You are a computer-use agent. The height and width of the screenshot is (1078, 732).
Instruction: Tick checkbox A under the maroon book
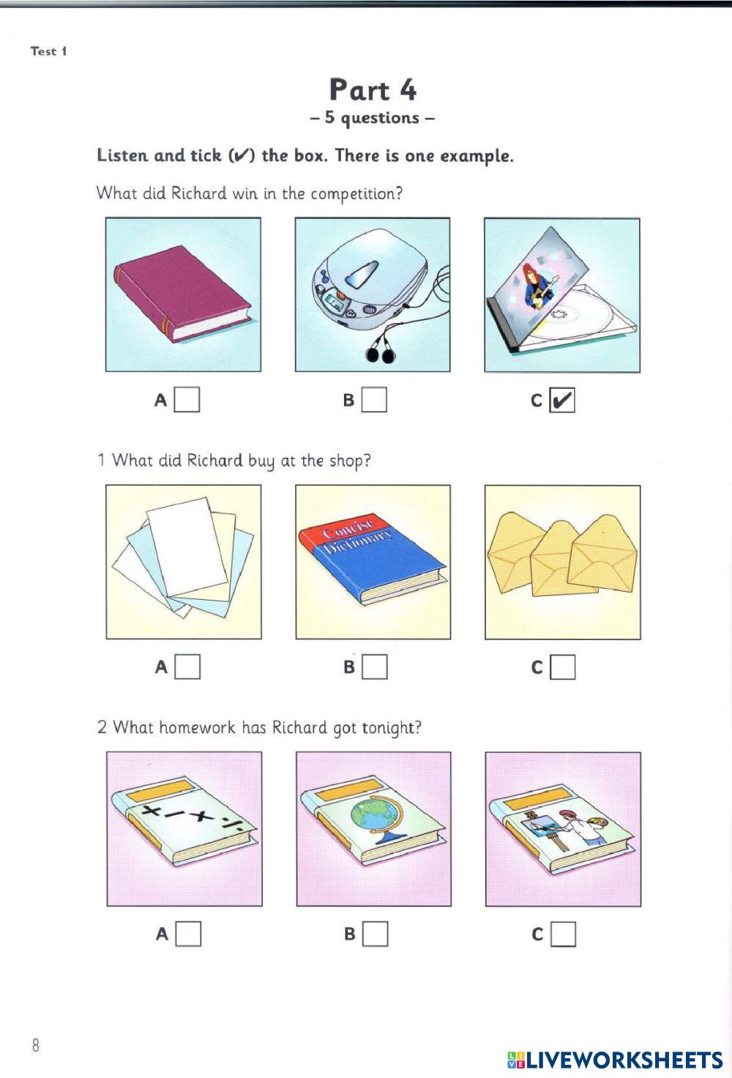click(x=187, y=400)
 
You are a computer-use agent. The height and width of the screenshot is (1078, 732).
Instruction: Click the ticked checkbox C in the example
click(x=561, y=400)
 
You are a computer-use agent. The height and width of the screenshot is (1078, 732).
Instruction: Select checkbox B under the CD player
click(x=374, y=400)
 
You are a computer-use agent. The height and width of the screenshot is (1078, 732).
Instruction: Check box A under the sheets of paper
click(x=187, y=667)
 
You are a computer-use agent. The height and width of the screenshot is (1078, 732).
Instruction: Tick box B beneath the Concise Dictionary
click(x=375, y=667)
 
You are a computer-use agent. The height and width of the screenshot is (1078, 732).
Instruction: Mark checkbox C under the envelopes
click(x=563, y=667)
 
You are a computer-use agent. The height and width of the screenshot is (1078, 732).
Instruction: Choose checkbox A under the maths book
click(x=188, y=934)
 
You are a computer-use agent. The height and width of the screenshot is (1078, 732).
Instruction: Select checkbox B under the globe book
click(x=375, y=934)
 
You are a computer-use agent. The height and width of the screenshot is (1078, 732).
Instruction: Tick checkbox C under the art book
click(x=563, y=934)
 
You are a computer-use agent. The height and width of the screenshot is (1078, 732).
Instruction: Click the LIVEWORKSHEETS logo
click(x=615, y=1060)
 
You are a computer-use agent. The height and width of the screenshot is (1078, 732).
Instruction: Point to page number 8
click(x=36, y=1045)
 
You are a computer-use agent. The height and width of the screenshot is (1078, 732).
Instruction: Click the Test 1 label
click(x=48, y=51)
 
